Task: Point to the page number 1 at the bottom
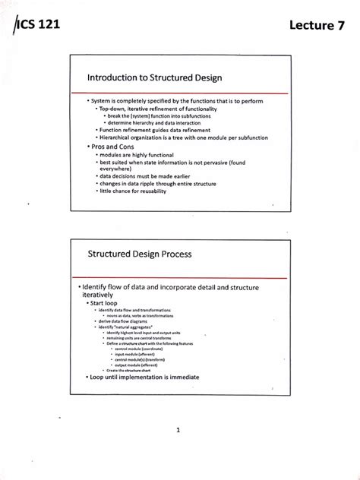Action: coord(177,430)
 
